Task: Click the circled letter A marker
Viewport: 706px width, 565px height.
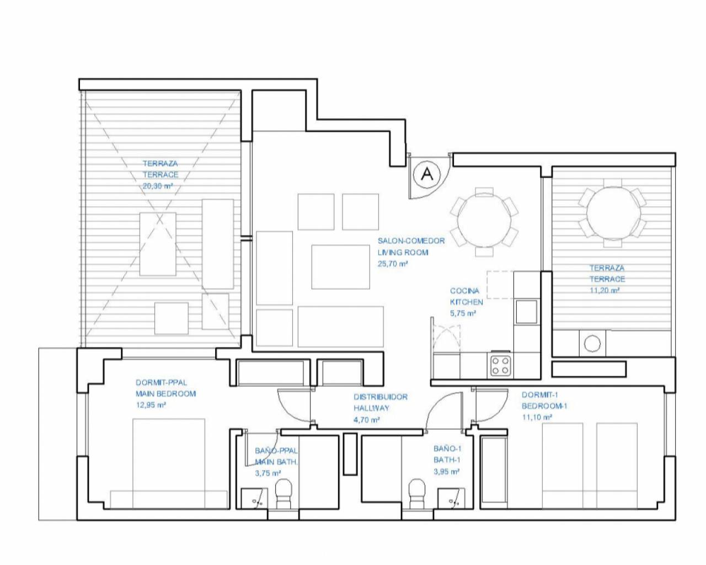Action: click(x=426, y=174)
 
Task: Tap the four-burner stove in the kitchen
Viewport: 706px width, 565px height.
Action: click(x=501, y=366)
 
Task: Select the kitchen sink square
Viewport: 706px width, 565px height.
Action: click(x=527, y=311)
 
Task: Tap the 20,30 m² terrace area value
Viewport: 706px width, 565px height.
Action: click(x=158, y=186)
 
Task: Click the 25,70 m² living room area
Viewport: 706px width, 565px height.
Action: click(x=392, y=263)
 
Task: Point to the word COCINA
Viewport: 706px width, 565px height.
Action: click(x=464, y=291)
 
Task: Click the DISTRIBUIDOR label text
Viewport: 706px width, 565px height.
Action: click(x=381, y=397)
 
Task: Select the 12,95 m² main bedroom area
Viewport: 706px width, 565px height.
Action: click(x=151, y=405)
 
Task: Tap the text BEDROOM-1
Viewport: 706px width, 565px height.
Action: click(x=544, y=406)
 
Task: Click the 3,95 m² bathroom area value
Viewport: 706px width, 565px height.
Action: click(x=446, y=471)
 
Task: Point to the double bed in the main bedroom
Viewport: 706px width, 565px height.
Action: click(x=169, y=463)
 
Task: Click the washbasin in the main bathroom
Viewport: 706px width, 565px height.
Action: click(x=254, y=498)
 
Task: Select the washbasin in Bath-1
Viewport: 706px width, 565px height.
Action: click(x=452, y=498)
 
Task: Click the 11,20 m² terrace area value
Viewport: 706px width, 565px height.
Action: click(x=605, y=290)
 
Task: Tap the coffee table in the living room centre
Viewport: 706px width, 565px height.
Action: click(x=340, y=267)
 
